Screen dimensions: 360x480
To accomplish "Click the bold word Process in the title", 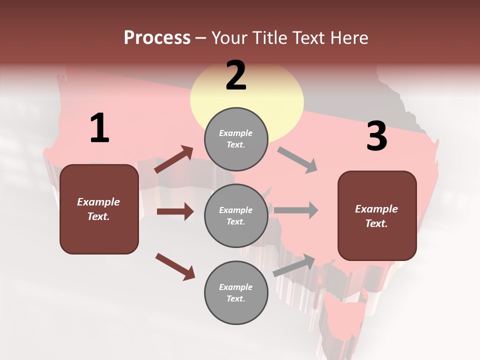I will coord(157,37).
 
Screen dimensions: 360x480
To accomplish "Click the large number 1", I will coord(99,128).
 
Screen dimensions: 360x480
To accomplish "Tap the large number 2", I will coord(236,75).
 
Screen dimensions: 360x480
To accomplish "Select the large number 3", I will coord(376,136).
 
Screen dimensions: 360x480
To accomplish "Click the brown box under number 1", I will coord(99,209).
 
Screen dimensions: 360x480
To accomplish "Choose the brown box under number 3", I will coord(377,215).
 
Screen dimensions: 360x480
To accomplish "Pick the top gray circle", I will coord(236,139).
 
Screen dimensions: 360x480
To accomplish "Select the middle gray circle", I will coord(236,215).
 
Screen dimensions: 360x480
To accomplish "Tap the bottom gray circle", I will coord(236,292).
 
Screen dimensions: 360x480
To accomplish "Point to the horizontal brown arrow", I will coord(175,211).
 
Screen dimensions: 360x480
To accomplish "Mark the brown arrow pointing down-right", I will coord(175,266).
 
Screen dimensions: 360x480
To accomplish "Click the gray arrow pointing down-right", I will coord(297,159).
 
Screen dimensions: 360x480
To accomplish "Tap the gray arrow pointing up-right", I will coord(294,265).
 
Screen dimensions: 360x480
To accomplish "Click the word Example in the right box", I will coord(376,209).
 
